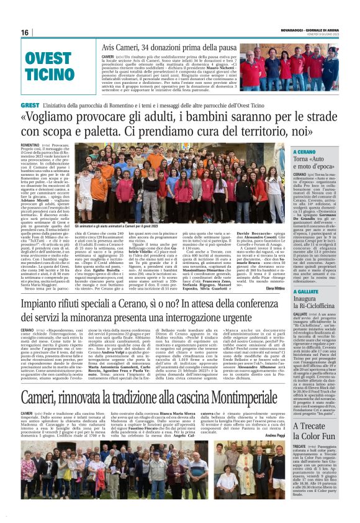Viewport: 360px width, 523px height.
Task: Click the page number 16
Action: click(x=25, y=32)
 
